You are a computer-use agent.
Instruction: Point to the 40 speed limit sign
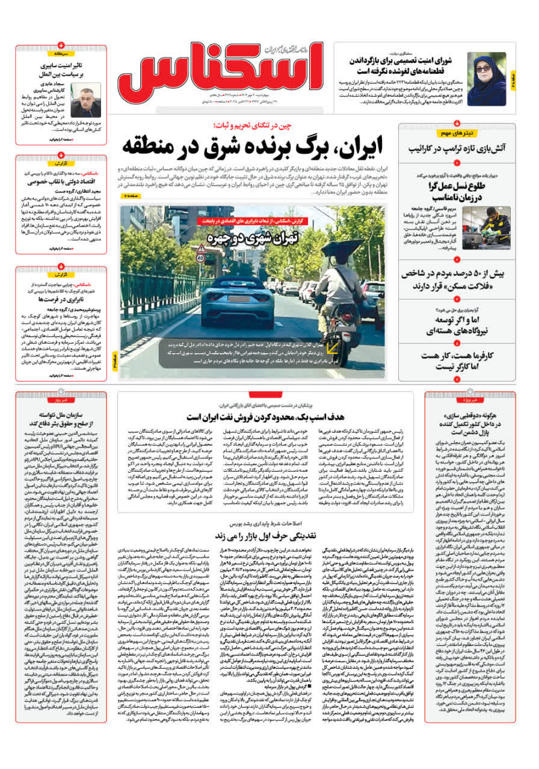(200, 258)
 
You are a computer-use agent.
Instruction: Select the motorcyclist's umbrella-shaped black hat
(341, 248)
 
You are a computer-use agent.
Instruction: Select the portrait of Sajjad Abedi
(86, 100)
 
